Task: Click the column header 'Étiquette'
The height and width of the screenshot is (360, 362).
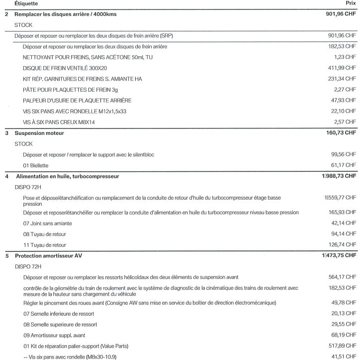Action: (26, 3)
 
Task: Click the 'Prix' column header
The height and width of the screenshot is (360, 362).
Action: (352, 3)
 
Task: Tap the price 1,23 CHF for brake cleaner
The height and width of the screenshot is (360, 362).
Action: (346, 57)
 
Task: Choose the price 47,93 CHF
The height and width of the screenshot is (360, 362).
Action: (344, 100)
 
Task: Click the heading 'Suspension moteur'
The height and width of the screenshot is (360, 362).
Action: (39, 133)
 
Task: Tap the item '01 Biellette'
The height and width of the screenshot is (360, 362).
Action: (35, 165)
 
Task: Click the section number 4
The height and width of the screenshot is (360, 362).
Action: (6, 176)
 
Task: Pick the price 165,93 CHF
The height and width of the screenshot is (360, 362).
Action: (343, 213)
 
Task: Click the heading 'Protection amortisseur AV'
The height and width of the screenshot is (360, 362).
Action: (50, 256)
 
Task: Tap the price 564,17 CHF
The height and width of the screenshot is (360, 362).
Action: (343, 277)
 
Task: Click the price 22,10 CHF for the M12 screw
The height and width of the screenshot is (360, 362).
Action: (344, 111)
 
